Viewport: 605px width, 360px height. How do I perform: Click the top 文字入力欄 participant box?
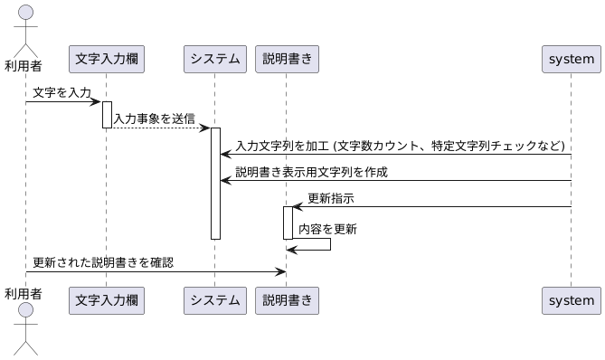point(107,60)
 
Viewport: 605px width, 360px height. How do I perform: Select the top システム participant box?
point(215,60)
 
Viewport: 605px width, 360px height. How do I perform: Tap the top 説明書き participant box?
point(287,60)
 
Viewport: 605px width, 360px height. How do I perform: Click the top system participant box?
point(572,60)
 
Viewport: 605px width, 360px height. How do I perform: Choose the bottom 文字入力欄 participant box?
point(107,299)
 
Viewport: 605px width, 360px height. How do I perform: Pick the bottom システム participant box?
point(215,299)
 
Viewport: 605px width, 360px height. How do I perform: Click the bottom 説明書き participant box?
point(287,299)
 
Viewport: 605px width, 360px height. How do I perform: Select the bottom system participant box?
point(572,299)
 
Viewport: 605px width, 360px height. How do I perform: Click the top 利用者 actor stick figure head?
point(25,11)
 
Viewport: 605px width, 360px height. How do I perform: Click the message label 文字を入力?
point(61,93)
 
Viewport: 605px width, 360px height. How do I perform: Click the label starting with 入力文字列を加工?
point(400,146)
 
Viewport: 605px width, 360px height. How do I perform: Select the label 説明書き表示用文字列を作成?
point(311,172)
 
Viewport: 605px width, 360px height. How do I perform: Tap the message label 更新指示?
point(331,198)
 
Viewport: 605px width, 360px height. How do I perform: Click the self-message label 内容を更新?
point(327,230)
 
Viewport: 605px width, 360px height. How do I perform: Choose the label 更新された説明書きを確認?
point(103,263)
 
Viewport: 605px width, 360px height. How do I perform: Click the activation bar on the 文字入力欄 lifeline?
point(107,114)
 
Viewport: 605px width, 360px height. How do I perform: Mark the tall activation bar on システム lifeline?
point(215,183)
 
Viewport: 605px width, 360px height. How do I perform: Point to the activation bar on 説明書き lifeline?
point(288,223)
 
